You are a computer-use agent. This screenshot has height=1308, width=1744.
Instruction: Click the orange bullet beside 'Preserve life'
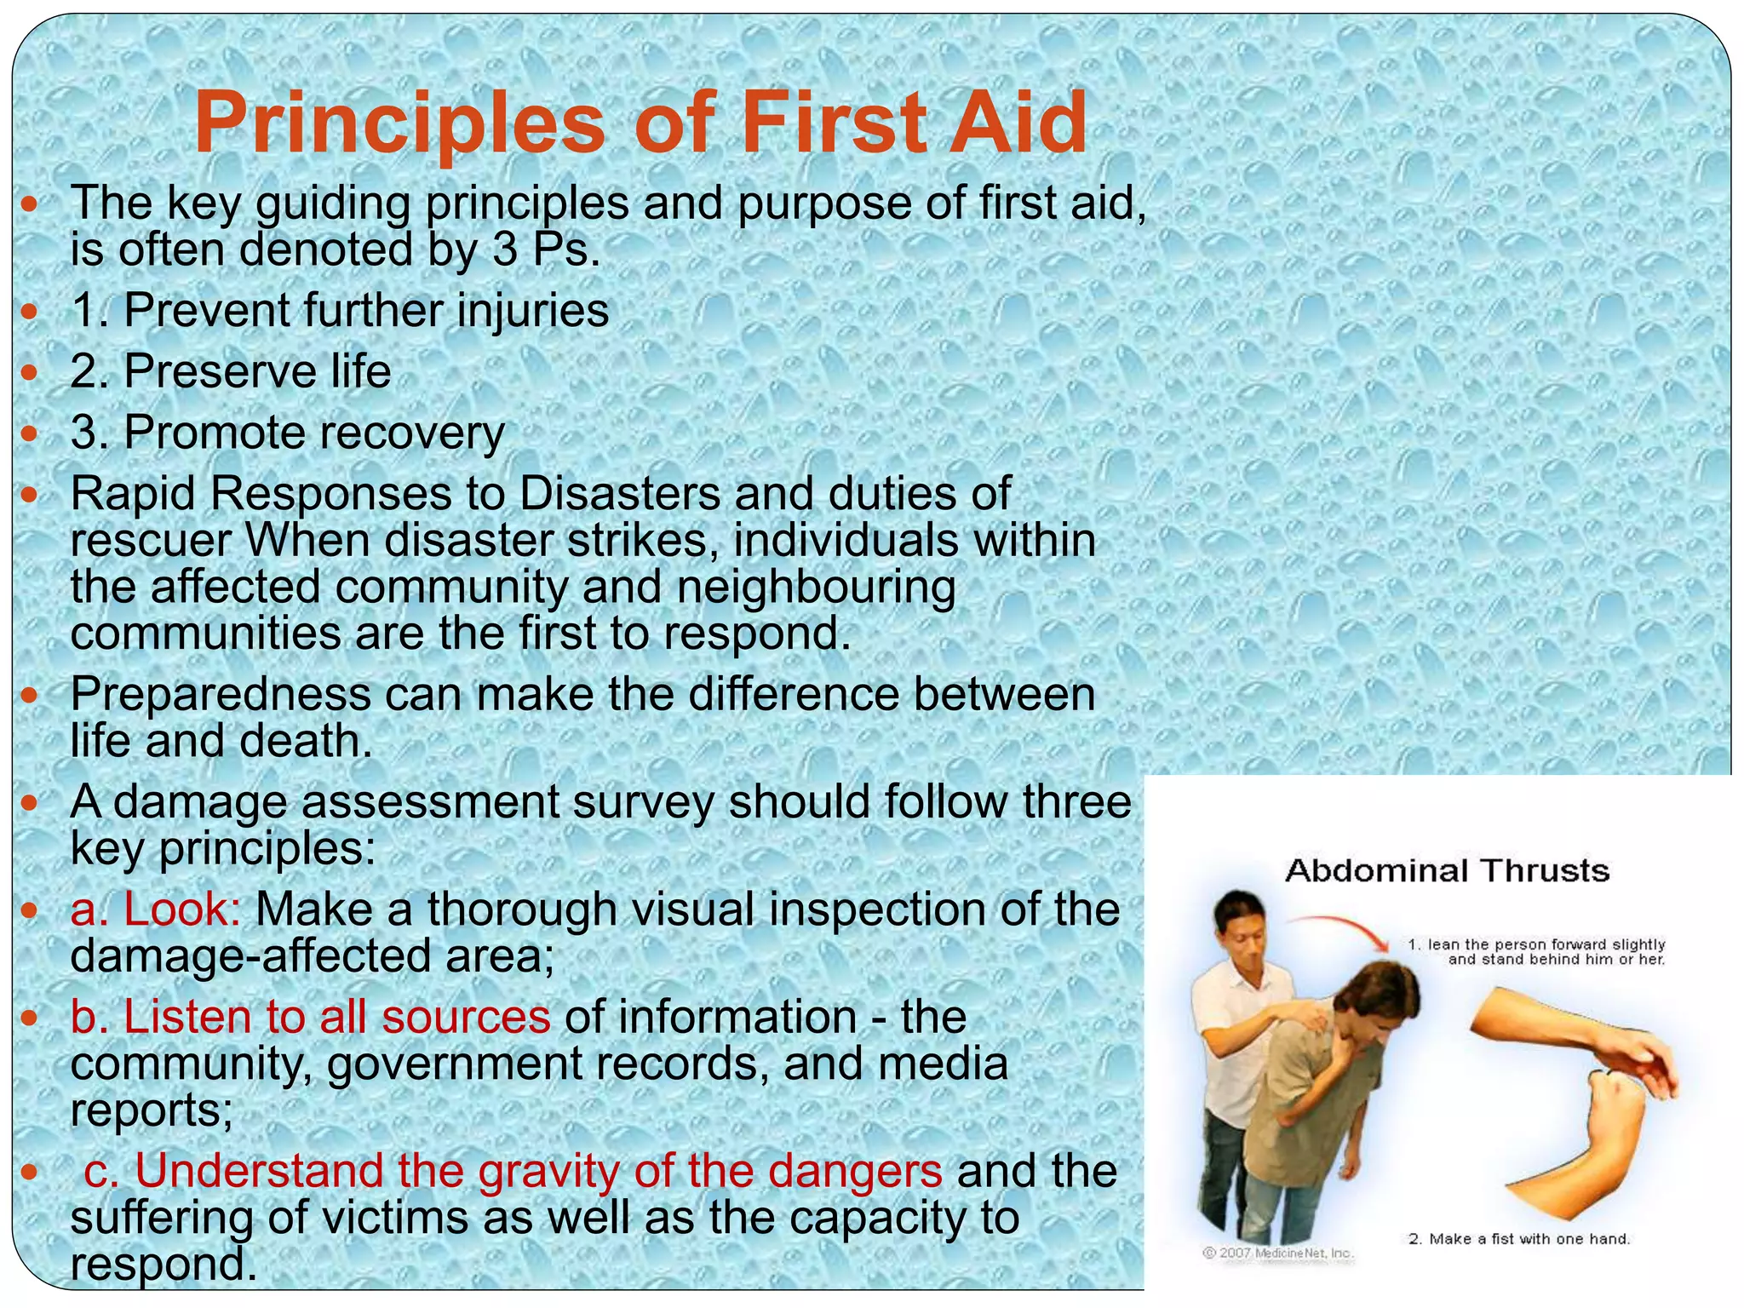(x=30, y=372)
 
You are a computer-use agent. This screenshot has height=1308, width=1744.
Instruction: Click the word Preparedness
(x=221, y=694)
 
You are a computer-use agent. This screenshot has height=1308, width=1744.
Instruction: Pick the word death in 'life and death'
(x=306, y=741)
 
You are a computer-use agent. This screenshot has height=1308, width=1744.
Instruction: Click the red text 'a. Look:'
(x=156, y=909)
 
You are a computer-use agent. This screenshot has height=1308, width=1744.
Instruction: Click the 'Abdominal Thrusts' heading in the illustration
(x=1447, y=871)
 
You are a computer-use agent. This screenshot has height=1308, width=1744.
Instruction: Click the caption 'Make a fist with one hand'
(x=1519, y=1239)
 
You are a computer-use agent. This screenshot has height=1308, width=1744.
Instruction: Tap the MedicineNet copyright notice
(x=1277, y=1253)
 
